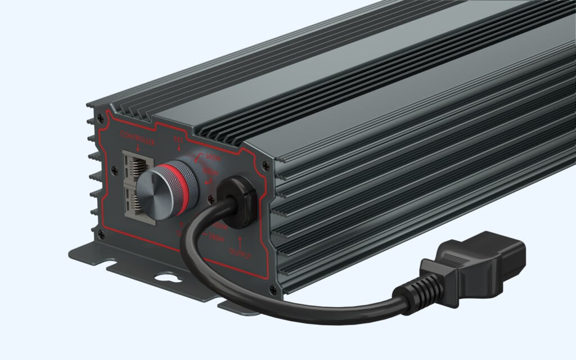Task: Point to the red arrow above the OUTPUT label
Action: [240, 242]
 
